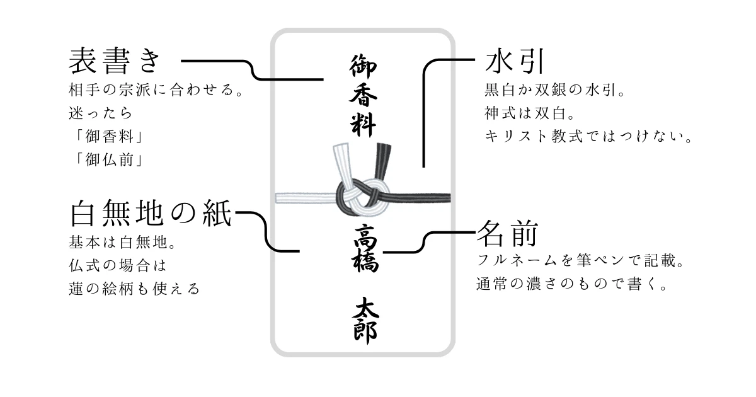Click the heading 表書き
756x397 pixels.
(x=116, y=62)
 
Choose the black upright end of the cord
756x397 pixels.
(x=382, y=160)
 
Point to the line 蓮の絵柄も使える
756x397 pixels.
(x=134, y=289)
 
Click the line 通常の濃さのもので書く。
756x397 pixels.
(x=571, y=285)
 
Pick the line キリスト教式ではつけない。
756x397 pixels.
(x=588, y=136)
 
